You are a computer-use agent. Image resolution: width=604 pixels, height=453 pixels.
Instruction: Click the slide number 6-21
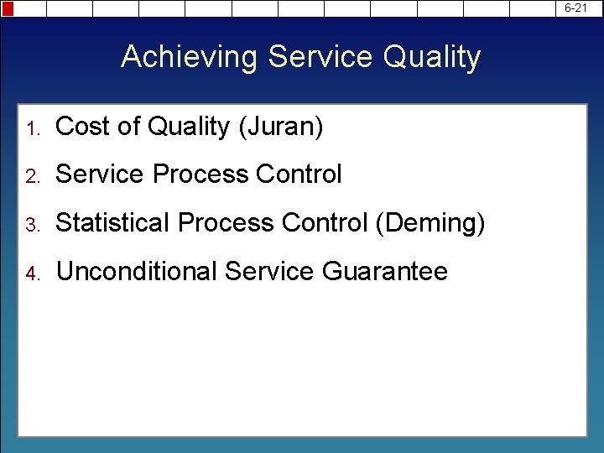pyautogui.click(x=575, y=8)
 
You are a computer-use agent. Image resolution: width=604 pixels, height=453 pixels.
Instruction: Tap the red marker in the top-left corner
pyautogui.click(x=8, y=8)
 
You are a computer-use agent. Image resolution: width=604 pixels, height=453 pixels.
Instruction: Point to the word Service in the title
pyautogui.click(x=321, y=57)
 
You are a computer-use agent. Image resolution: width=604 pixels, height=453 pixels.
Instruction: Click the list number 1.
pyautogui.click(x=33, y=128)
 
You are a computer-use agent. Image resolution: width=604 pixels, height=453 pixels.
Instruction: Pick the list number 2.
pyautogui.click(x=33, y=176)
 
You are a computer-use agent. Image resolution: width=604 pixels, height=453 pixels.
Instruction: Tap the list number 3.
pyautogui.click(x=33, y=225)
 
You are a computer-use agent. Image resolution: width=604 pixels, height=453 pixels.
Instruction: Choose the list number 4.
pyautogui.click(x=33, y=273)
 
